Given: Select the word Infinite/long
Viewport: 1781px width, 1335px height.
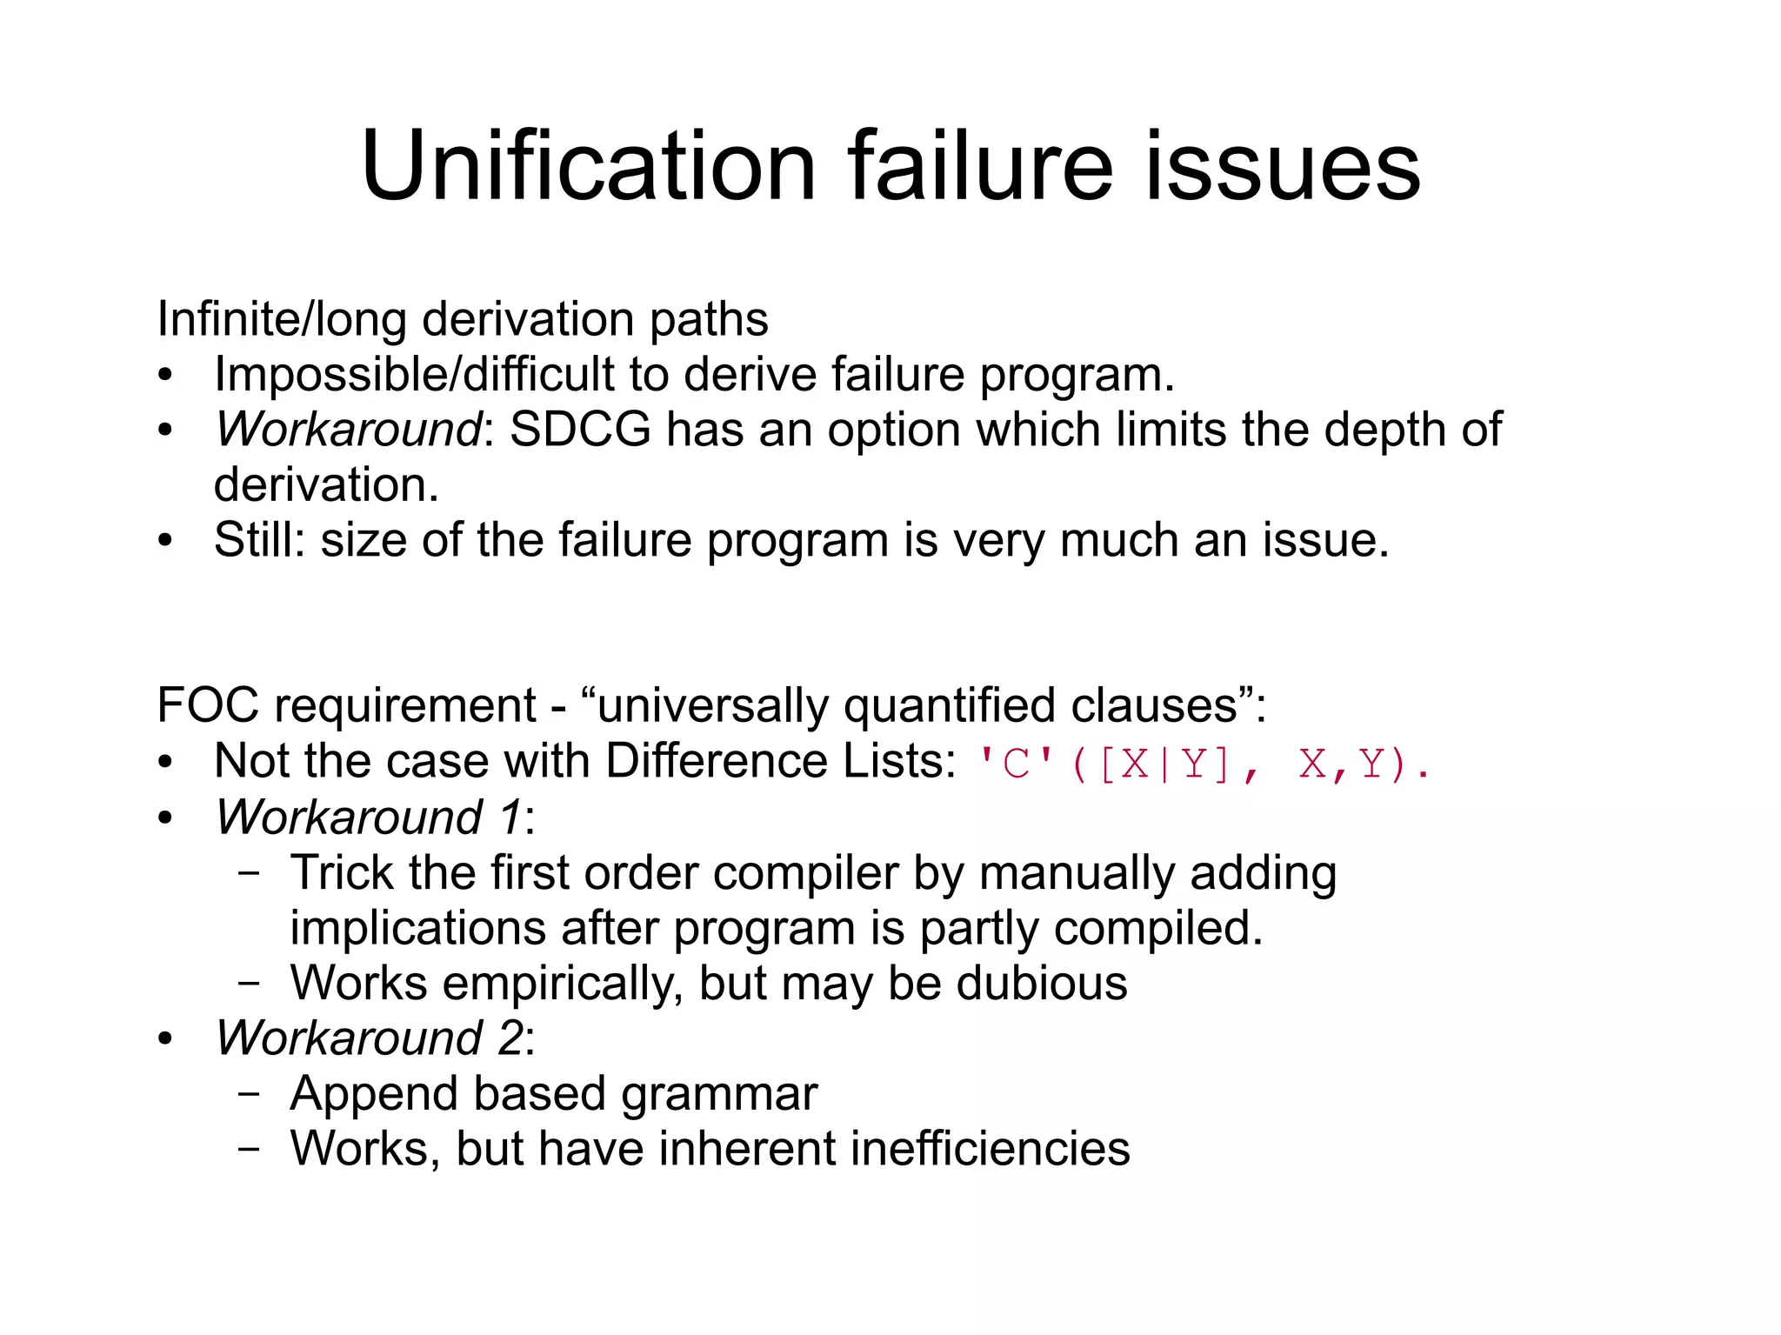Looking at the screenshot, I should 282,319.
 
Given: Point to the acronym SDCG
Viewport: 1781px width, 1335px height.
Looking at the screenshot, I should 580,430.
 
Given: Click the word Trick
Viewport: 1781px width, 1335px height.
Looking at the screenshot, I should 342,872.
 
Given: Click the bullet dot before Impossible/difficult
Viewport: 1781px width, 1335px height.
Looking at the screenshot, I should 165,376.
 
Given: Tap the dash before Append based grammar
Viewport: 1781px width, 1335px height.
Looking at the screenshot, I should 249,1094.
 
